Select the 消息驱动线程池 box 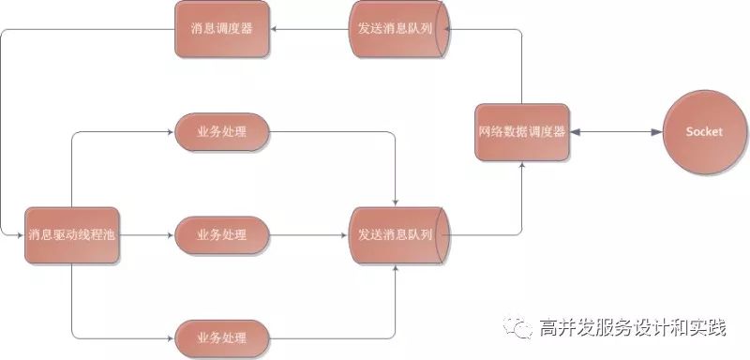point(72,234)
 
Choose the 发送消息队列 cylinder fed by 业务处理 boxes point(397,234)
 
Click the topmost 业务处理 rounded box point(222,132)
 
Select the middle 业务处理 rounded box point(222,234)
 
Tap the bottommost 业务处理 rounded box point(222,336)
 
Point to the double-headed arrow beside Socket point(615,132)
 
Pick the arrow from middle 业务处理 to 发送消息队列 point(309,234)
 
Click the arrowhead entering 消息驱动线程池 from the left point(21,234)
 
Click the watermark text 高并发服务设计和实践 point(633,327)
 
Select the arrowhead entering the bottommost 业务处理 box point(170,336)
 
